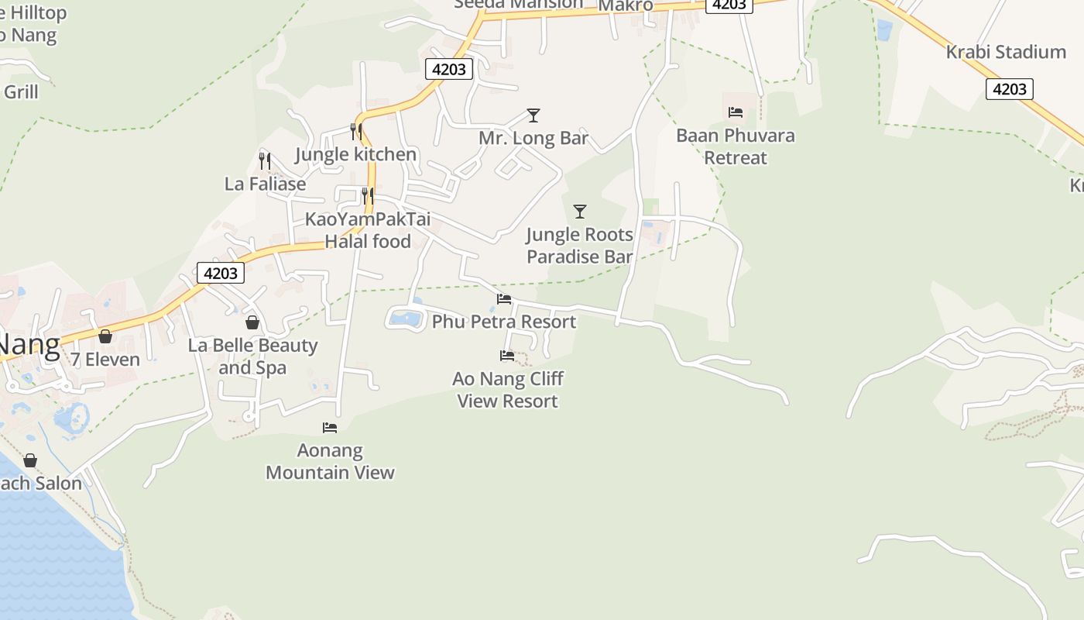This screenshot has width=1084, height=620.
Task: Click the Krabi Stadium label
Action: click(x=1006, y=52)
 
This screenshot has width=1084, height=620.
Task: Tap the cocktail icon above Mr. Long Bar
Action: click(x=533, y=115)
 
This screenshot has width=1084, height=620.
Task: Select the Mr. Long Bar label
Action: click(x=533, y=139)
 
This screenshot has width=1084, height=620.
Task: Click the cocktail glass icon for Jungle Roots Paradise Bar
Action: click(x=579, y=211)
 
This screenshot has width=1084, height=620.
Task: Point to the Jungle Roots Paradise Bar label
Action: click(x=579, y=246)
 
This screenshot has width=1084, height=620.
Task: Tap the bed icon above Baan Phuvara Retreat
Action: click(x=736, y=112)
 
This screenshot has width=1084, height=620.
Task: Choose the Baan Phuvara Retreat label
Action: click(x=735, y=146)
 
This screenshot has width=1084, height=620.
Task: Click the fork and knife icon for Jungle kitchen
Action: click(x=356, y=132)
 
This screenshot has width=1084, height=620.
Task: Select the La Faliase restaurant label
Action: click(x=265, y=184)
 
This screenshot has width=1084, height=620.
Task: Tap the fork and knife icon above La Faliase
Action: click(x=265, y=161)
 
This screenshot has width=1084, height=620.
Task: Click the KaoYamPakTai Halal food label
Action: click(x=367, y=230)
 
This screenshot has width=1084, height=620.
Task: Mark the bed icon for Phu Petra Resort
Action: click(x=504, y=298)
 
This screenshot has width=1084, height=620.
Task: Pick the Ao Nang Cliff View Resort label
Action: click(x=508, y=390)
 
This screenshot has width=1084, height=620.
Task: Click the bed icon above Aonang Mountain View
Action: click(x=330, y=427)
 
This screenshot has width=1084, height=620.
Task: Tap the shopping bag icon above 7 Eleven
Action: click(x=105, y=336)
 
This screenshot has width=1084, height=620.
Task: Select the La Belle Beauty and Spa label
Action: click(x=252, y=356)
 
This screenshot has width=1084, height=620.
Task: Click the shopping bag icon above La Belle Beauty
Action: click(x=252, y=322)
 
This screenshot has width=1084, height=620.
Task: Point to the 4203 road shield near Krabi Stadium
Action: click(x=1010, y=89)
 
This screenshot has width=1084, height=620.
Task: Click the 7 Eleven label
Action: click(x=105, y=360)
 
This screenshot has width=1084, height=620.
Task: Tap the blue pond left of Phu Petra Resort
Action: click(x=405, y=318)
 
